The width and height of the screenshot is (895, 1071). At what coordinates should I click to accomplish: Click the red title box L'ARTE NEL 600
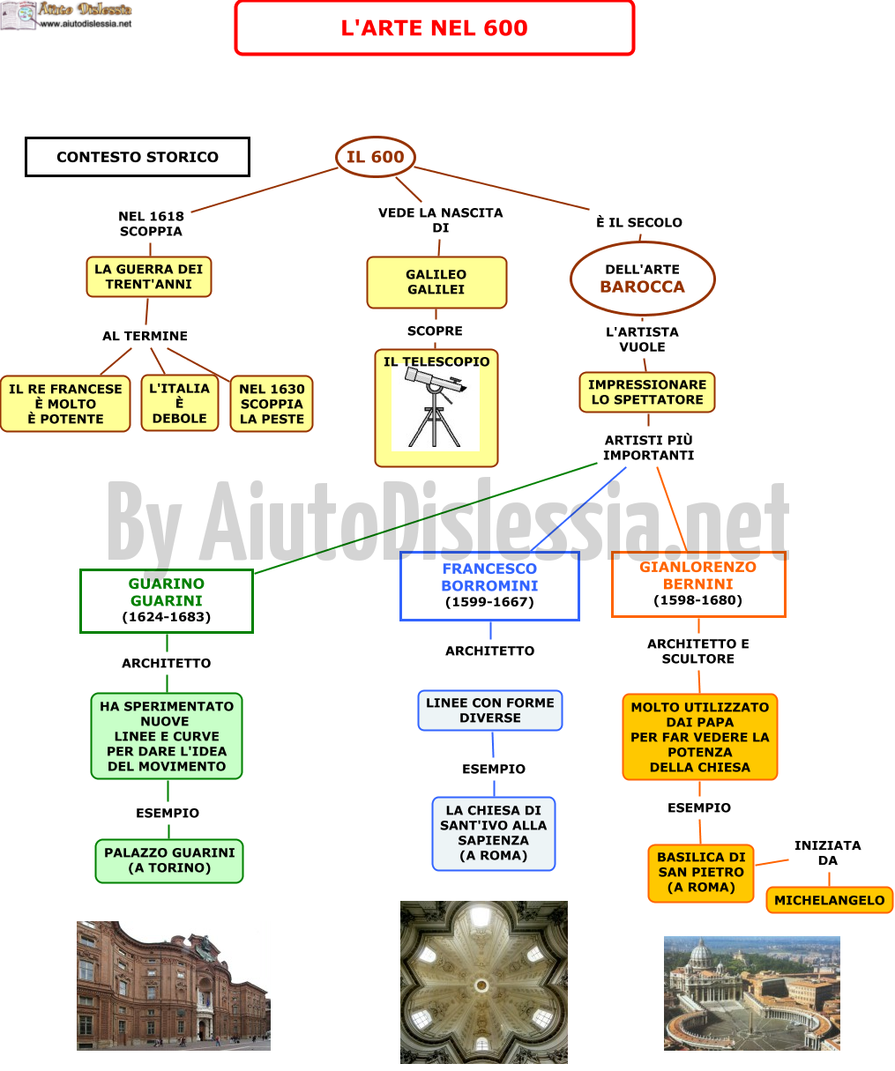click(x=434, y=27)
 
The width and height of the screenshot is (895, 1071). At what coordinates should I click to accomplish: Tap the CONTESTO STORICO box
click(x=138, y=157)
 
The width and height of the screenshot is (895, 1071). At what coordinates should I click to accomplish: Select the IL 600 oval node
click(x=375, y=157)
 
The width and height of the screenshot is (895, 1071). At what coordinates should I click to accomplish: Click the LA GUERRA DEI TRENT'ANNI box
click(x=149, y=277)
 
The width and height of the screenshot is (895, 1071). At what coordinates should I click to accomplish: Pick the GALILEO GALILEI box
click(x=436, y=283)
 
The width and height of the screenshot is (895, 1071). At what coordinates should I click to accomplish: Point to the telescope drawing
click(x=436, y=408)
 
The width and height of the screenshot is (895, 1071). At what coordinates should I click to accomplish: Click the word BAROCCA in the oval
click(x=643, y=286)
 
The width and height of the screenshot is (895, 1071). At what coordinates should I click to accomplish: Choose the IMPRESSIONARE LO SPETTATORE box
click(x=647, y=392)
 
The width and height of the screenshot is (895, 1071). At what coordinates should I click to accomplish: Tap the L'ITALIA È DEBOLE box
click(x=180, y=403)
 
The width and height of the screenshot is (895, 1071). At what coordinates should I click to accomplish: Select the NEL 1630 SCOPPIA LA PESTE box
click(x=272, y=404)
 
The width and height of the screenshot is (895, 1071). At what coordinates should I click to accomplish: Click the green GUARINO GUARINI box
click(x=167, y=601)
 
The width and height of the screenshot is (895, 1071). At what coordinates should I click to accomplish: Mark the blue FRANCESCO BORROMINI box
click(x=489, y=586)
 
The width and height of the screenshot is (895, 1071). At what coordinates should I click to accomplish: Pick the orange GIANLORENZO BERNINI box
click(x=698, y=584)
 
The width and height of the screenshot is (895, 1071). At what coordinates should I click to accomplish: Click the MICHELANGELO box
click(x=830, y=900)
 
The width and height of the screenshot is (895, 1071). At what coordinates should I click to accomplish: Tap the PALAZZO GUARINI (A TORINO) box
click(x=169, y=860)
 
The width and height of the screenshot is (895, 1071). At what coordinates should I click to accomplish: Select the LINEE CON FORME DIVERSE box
click(x=490, y=710)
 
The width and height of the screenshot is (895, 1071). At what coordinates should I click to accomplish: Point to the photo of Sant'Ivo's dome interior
click(x=484, y=982)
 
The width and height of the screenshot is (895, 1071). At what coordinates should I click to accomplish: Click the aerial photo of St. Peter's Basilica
click(x=752, y=993)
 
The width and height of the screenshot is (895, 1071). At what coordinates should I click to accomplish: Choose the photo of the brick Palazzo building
click(x=174, y=985)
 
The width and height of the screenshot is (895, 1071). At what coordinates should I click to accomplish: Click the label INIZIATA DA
click(x=828, y=852)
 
